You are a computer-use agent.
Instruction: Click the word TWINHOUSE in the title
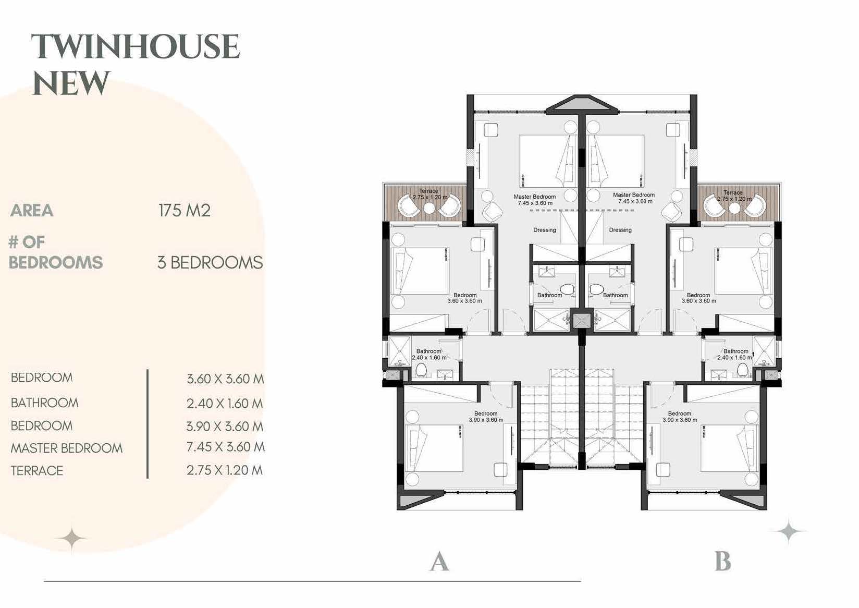136,47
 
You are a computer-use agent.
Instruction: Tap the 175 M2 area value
185,211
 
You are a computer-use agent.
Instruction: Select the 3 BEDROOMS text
210,262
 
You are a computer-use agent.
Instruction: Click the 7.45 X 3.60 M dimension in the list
225,447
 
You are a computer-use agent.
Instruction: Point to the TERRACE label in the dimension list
37,471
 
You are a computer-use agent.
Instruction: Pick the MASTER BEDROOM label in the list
67,448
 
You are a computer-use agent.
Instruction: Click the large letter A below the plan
439,563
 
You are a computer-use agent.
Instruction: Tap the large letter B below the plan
723,563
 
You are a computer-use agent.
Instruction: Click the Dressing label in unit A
545,230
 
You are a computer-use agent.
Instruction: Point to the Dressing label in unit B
620,230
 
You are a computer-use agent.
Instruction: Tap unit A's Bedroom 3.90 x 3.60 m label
486,417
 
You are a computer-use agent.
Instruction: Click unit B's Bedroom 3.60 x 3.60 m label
699,298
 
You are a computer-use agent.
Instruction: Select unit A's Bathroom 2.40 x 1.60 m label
429,355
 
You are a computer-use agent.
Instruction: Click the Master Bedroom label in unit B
634,198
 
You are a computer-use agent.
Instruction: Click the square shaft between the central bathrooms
580,320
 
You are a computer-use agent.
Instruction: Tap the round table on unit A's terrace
429,208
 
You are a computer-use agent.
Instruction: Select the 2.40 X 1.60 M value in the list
225,404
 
